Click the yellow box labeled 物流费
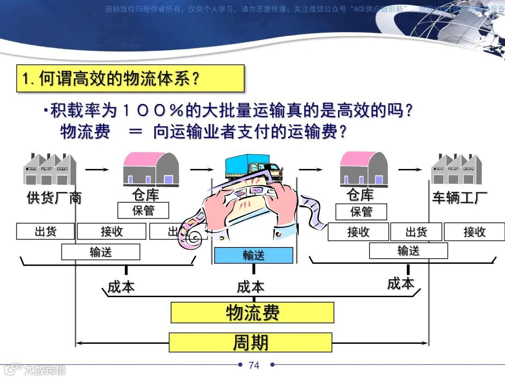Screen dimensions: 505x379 point(252,313)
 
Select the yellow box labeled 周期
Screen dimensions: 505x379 point(250,343)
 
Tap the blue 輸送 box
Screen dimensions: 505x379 point(253,255)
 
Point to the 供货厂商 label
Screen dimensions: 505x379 point(54,198)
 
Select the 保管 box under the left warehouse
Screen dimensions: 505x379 point(143,211)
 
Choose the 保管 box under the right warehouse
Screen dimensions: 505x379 point(361,212)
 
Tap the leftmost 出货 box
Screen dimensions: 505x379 point(45,232)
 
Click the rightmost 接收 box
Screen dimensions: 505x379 point(474,232)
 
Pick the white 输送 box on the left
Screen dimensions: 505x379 point(101,252)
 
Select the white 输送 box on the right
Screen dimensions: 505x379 point(408,251)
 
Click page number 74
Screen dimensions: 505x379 point(254,365)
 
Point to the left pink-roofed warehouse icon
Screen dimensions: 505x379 point(151,169)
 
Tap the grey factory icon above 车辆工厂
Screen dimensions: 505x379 point(456,169)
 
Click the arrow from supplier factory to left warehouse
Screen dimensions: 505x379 point(97,169)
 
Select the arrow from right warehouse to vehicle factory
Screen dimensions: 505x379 point(410,169)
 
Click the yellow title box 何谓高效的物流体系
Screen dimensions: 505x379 point(130,78)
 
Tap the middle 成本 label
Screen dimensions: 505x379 point(251,287)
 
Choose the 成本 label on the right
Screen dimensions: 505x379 point(401,283)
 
